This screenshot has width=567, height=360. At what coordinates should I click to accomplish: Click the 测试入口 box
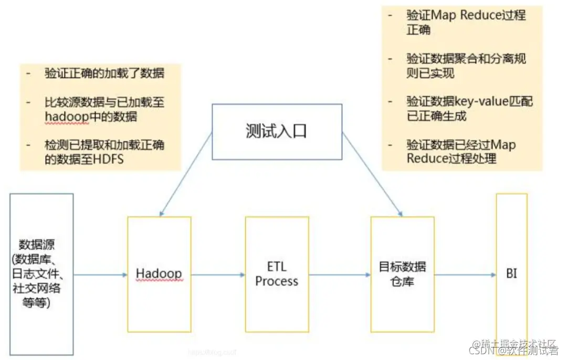(x=277, y=131)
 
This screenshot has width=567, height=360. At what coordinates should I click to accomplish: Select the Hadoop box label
(x=159, y=273)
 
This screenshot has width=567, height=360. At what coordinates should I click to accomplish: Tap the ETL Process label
(x=277, y=274)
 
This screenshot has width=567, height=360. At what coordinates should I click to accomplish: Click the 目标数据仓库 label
(x=402, y=274)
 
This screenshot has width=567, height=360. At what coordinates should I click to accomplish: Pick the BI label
(x=511, y=273)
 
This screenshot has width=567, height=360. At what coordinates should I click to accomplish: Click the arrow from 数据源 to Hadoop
(x=100, y=274)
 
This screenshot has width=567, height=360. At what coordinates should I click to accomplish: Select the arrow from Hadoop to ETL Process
(x=218, y=274)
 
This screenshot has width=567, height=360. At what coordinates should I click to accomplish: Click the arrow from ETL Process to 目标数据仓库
(x=340, y=274)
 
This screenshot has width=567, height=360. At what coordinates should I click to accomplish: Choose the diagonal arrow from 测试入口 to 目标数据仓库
(x=372, y=174)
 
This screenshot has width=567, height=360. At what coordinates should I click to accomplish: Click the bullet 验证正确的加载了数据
(x=104, y=72)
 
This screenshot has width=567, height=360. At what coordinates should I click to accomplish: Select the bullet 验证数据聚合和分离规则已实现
(x=466, y=66)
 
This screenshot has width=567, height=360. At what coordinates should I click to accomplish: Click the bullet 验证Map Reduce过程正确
(x=466, y=22)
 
